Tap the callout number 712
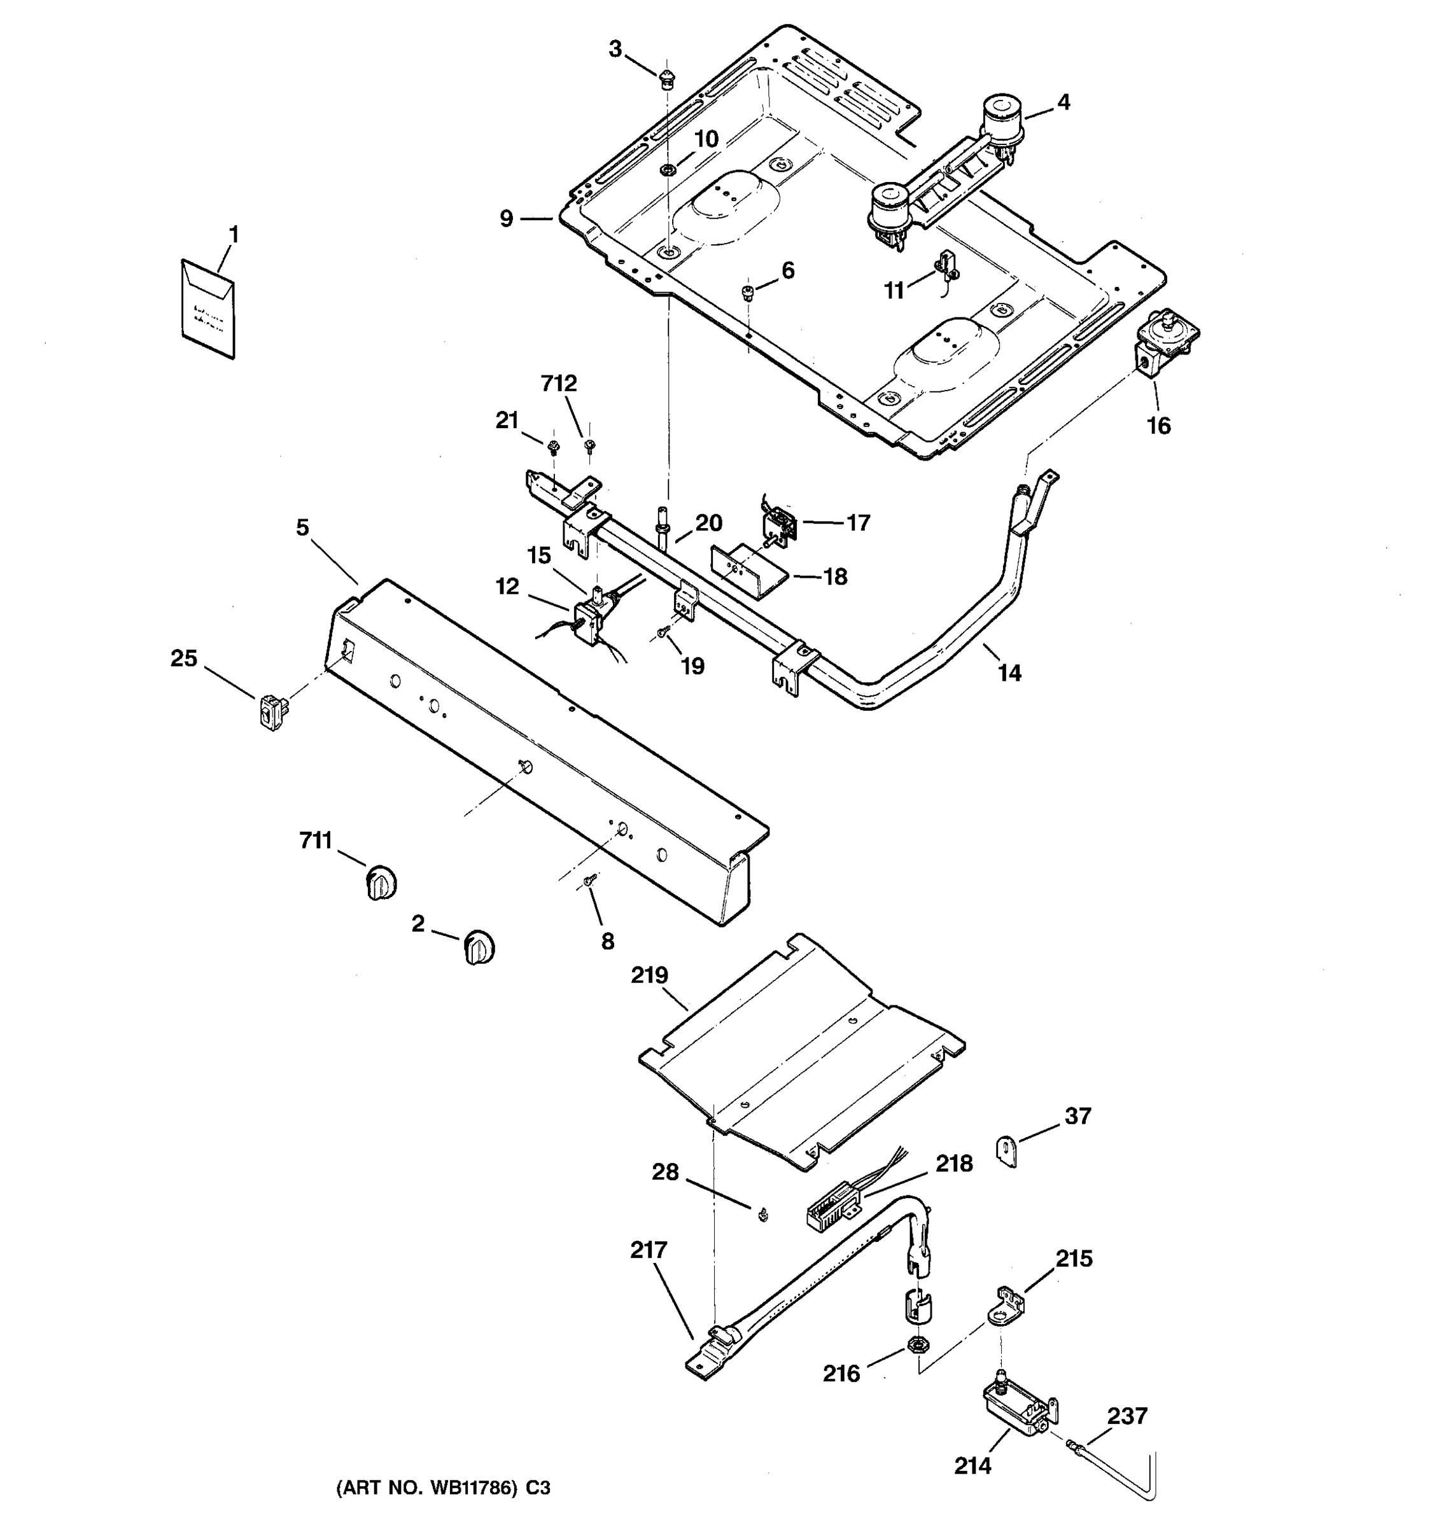click(x=559, y=383)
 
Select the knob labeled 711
click(x=381, y=882)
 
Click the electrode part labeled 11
click(x=945, y=265)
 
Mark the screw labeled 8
click(x=590, y=881)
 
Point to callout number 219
click(x=650, y=975)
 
